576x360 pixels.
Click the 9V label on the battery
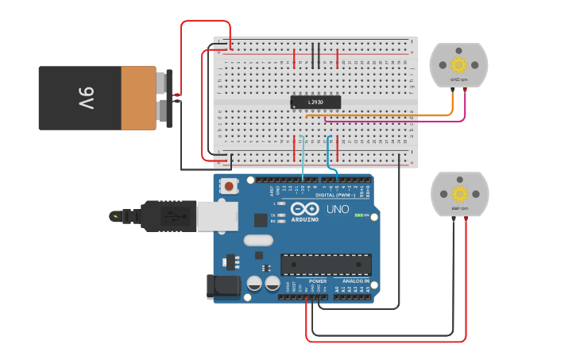point(87,99)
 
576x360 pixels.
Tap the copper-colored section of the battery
point(139,99)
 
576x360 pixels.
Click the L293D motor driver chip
point(315,102)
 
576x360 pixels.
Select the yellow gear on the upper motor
point(458,64)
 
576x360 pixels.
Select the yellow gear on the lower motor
point(459,193)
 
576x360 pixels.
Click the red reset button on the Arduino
point(229,186)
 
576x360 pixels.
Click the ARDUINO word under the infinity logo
point(305,220)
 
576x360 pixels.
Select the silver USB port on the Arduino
point(216,215)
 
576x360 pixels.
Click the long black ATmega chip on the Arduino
point(326,265)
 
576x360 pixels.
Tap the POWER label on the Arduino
point(318,281)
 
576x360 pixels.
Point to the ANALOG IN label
point(355,281)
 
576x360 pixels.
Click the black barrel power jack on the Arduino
point(222,288)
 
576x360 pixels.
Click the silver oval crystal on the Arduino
point(258,240)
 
